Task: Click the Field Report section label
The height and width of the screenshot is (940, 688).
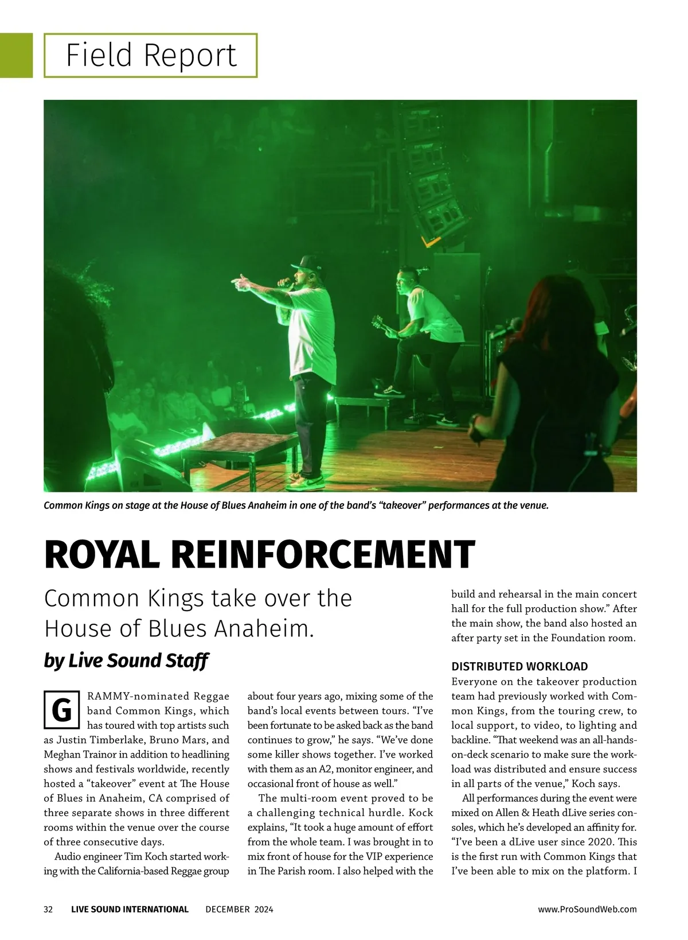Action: point(151,55)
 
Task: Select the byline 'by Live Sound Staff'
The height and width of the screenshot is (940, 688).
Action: point(126,661)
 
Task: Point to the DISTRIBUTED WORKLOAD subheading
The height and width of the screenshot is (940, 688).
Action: point(519,666)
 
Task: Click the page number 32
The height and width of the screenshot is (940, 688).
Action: point(48,909)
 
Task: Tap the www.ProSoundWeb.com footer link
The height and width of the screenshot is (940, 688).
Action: point(587,909)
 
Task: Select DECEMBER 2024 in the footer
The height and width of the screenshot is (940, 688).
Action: point(239,909)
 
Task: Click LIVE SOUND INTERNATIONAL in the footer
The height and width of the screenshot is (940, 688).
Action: point(130,909)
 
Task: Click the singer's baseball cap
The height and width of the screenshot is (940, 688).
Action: point(303,263)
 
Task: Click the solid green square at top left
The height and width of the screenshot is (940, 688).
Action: point(16,55)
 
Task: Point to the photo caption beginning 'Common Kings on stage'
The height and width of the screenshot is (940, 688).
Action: point(296,506)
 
